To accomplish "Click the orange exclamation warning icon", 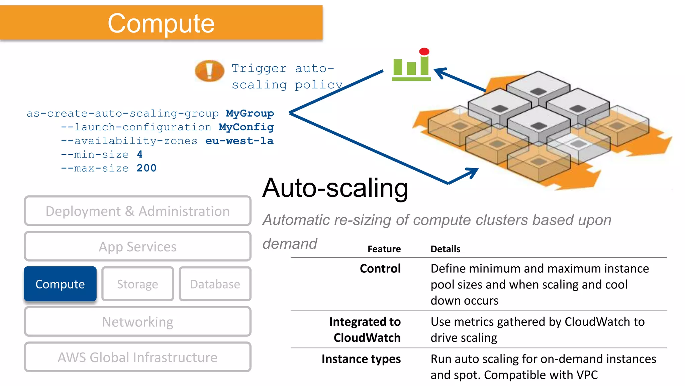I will [209, 71].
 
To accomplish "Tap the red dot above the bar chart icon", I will [424, 52].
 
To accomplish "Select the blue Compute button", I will [60, 284].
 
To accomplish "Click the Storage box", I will [137, 284].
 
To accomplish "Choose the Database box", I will [215, 284].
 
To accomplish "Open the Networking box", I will [137, 322].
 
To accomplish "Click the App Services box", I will [137, 247].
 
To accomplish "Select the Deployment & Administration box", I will [137, 211].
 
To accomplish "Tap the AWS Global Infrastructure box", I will [137, 357].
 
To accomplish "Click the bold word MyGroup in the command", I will [250, 113].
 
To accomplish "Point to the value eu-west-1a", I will [239, 141].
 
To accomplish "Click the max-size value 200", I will [146, 168].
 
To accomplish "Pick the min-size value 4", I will [139, 154].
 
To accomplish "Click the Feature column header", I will [384, 249].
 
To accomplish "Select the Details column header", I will [445, 249].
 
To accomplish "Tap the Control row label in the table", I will [380, 268].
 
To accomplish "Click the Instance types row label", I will [361, 359].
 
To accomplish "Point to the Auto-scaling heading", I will [335, 188].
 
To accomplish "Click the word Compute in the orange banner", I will [161, 23].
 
